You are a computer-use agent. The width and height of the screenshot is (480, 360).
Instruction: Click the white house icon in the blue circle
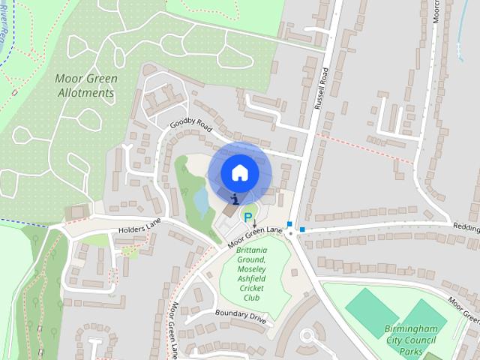click(239, 172)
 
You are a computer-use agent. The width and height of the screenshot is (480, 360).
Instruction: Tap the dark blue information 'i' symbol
click(236, 199)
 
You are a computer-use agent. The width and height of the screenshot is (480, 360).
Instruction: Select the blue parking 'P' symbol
click(247, 217)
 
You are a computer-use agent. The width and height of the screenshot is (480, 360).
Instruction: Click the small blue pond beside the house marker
click(201, 199)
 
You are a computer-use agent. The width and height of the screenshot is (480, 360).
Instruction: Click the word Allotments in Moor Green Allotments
click(86, 94)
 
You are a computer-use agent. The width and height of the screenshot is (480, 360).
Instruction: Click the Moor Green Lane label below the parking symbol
click(256, 236)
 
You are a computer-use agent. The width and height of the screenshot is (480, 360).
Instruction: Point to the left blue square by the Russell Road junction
click(289, 223)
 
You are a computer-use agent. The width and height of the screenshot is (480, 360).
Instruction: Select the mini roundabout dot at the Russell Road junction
click(291, 233)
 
